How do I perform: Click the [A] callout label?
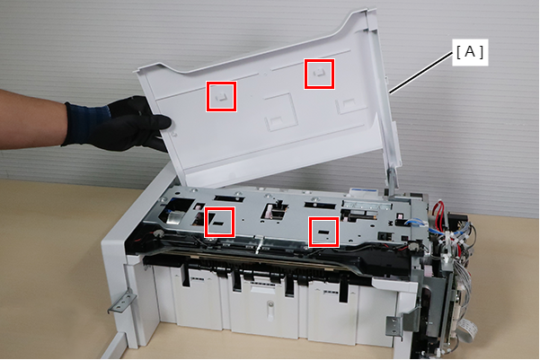(470, 52)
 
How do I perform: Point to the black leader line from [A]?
(420, 73)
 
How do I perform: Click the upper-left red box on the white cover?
(221, 96)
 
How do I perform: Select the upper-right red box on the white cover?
(319, 74)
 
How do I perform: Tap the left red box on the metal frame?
(219, 222)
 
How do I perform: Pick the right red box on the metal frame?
(323, 232)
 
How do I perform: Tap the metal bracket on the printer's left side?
(121, 301)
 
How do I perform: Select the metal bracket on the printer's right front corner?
(400, 321)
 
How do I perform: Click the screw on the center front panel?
(270, 304)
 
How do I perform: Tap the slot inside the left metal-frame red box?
(218, 224)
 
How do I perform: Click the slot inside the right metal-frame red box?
(323, 233)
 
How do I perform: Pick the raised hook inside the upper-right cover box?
(319, 73)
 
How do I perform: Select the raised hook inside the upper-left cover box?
(221, 96)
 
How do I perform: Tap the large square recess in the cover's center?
(279, 112)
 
